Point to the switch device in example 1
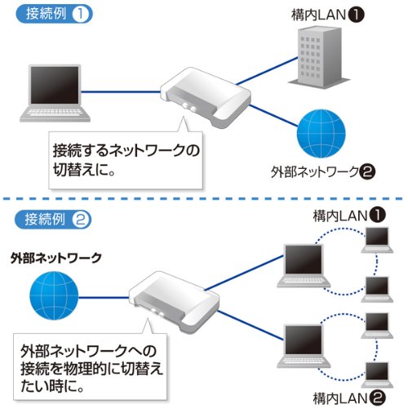201,95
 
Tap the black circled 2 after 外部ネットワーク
367,173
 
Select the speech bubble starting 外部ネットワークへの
89,366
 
